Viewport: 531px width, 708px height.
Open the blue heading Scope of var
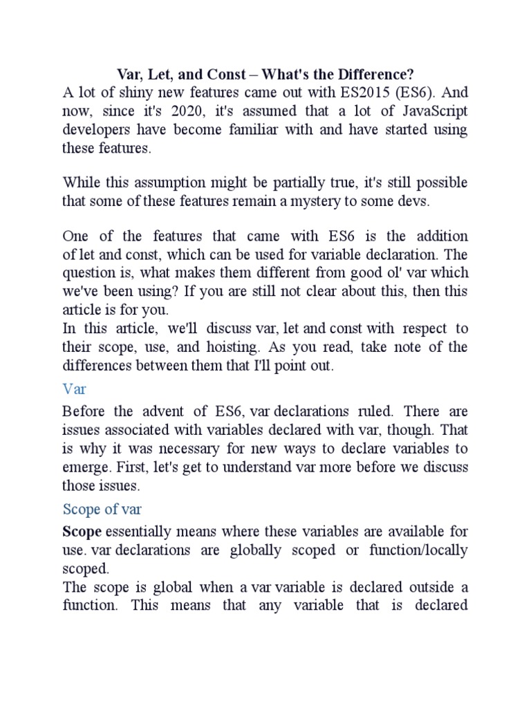tap(102, 510)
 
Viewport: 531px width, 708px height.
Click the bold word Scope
tap(82, 532)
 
